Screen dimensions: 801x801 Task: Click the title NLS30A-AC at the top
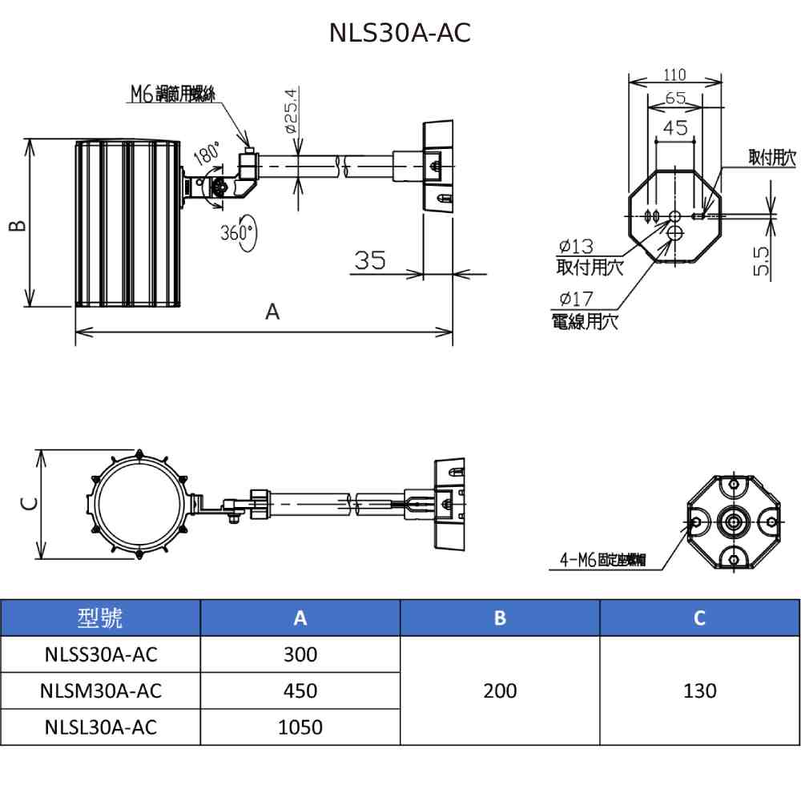click(400, 33)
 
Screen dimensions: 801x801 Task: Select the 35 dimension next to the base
click(370, 260)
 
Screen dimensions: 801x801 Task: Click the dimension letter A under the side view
click(273, 312)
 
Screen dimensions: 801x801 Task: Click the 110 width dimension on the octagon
click(675, 75)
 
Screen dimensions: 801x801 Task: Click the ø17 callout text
click(577, 300)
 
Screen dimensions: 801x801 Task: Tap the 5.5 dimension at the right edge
click(762, 261)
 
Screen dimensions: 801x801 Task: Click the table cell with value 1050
click(300, 727)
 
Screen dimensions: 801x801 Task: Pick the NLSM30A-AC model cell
click(101, 690)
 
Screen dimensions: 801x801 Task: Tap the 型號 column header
click(101, 618)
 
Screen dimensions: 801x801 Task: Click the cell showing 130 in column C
click(699, 690)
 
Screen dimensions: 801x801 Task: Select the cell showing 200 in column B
click(500, 690)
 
